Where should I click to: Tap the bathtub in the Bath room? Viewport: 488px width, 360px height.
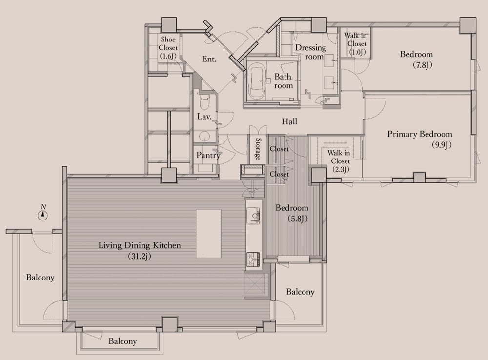click(x=257, y=81)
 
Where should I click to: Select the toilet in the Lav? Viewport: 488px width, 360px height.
click(x=204, y=101)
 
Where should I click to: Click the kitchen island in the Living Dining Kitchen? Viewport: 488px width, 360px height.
click(x=208, y=233)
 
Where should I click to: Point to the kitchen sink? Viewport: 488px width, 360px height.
click(x=253, y=215)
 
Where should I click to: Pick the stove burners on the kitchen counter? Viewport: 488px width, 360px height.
click(x=253, y=259)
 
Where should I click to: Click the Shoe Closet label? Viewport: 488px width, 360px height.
click(x=168, y=48)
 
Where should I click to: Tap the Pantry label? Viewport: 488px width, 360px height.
click(x=208, y=155)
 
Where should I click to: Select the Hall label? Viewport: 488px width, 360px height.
click(x=289, y=121)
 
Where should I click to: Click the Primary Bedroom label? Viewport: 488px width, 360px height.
click(x=420, y=134)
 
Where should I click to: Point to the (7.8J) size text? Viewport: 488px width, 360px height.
click(x=422, y=65)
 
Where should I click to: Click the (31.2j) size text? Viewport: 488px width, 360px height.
click(x=140, y=256)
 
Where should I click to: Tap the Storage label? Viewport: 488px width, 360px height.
click(x=258, y=149)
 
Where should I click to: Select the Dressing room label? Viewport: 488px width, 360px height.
click(x=310, y=52)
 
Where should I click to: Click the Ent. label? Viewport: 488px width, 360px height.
click(x=209, y=59)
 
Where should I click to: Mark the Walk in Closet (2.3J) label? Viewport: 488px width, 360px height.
click(x=340, y=161)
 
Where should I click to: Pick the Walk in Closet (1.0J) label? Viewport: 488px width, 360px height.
click(x=357, y=43)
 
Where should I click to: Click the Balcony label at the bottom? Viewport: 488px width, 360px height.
click(x=122, y=341)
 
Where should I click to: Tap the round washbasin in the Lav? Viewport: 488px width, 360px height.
click(x=204, y=136)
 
